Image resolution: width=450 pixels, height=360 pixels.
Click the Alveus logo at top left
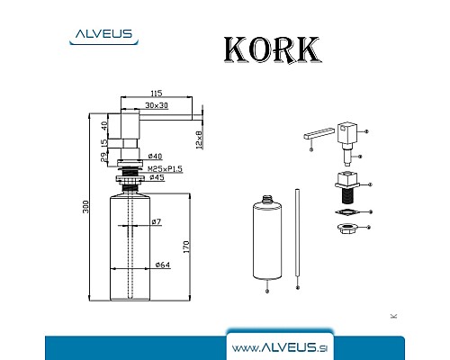pos(101,36)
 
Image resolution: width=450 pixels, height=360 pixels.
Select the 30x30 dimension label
pos(157,106)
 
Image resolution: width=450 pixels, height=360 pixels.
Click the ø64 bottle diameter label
pos(163,265)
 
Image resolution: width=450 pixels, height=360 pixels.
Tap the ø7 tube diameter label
pos(156,221)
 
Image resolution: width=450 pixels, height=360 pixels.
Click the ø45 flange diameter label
pos(157,178)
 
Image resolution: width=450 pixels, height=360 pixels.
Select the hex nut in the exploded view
pos(346,231)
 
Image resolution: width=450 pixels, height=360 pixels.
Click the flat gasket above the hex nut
pos(346,213)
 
